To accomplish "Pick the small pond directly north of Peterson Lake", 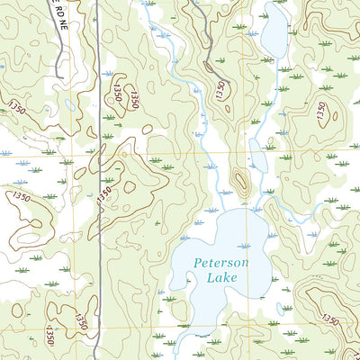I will point(257,160).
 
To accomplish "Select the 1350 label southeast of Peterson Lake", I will point(329,320).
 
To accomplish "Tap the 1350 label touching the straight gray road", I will point(104,193).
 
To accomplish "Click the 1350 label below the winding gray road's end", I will point(219,90).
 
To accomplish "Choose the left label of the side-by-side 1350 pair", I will point(117,92).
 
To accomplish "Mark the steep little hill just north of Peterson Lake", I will point(240,180).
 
